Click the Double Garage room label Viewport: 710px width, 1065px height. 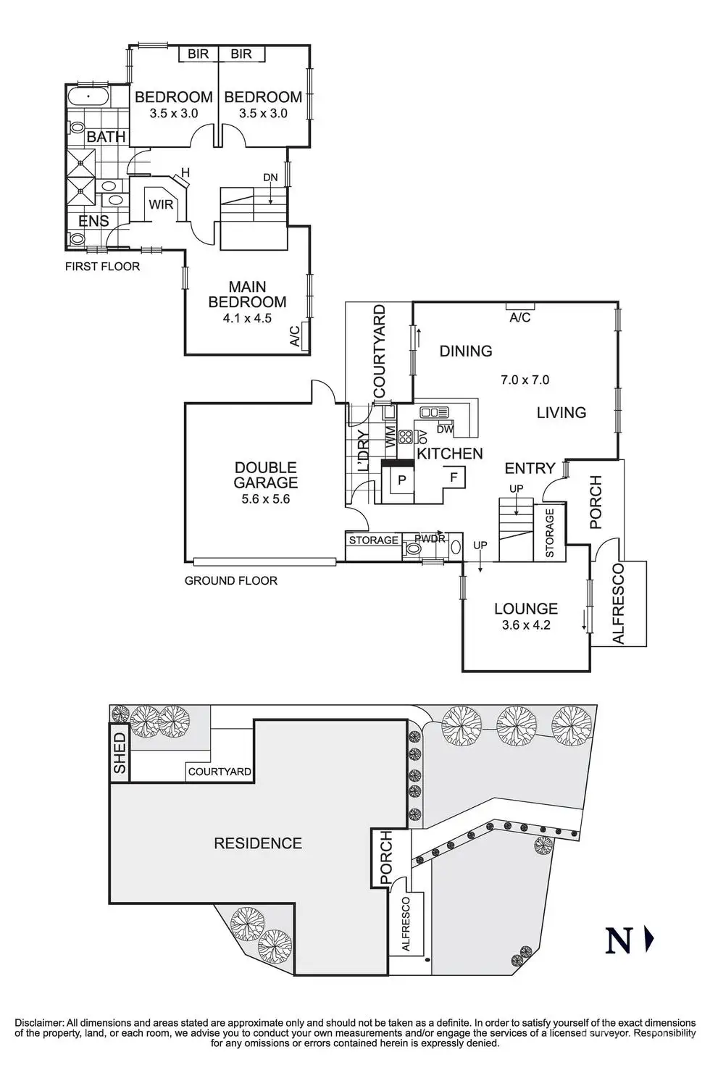pyautogui.click(x=265, y=475)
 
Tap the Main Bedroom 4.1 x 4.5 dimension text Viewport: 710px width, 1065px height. pyautogui.click(x=247, y=318)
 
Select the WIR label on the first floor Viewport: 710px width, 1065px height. pyautogui.click(x=161, y=204)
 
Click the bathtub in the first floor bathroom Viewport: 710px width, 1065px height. pyautogui.click(x=88, y=97)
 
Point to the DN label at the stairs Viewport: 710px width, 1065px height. pyautogui.click(x=270, y=177)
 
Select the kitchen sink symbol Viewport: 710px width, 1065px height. pyautogui.click(x=435, y=412)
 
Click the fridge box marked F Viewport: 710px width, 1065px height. pyautogui.click(x=454, y=477)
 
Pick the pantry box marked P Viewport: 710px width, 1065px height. pyautogui.click(x=402, y=480)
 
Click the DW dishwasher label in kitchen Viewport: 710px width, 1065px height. pyautogui.click(x=445, y=430)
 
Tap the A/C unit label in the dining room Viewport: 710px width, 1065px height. pyautogui.click(x=519, y=317)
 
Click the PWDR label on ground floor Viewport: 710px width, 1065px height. pyautogui.click(x=430, y=539)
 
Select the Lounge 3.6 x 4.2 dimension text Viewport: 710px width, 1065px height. pyautogui.click(x=526, y=625)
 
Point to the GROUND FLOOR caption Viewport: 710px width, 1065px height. pyautogui.click(x=230, y=580)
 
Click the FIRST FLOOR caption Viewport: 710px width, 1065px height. pyautogui.click(x=103, y=267)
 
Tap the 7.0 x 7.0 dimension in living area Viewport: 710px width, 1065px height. pyautogui.click(x=525, y=380)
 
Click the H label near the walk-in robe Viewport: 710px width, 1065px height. pyautogui.click(x=185, y=172)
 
